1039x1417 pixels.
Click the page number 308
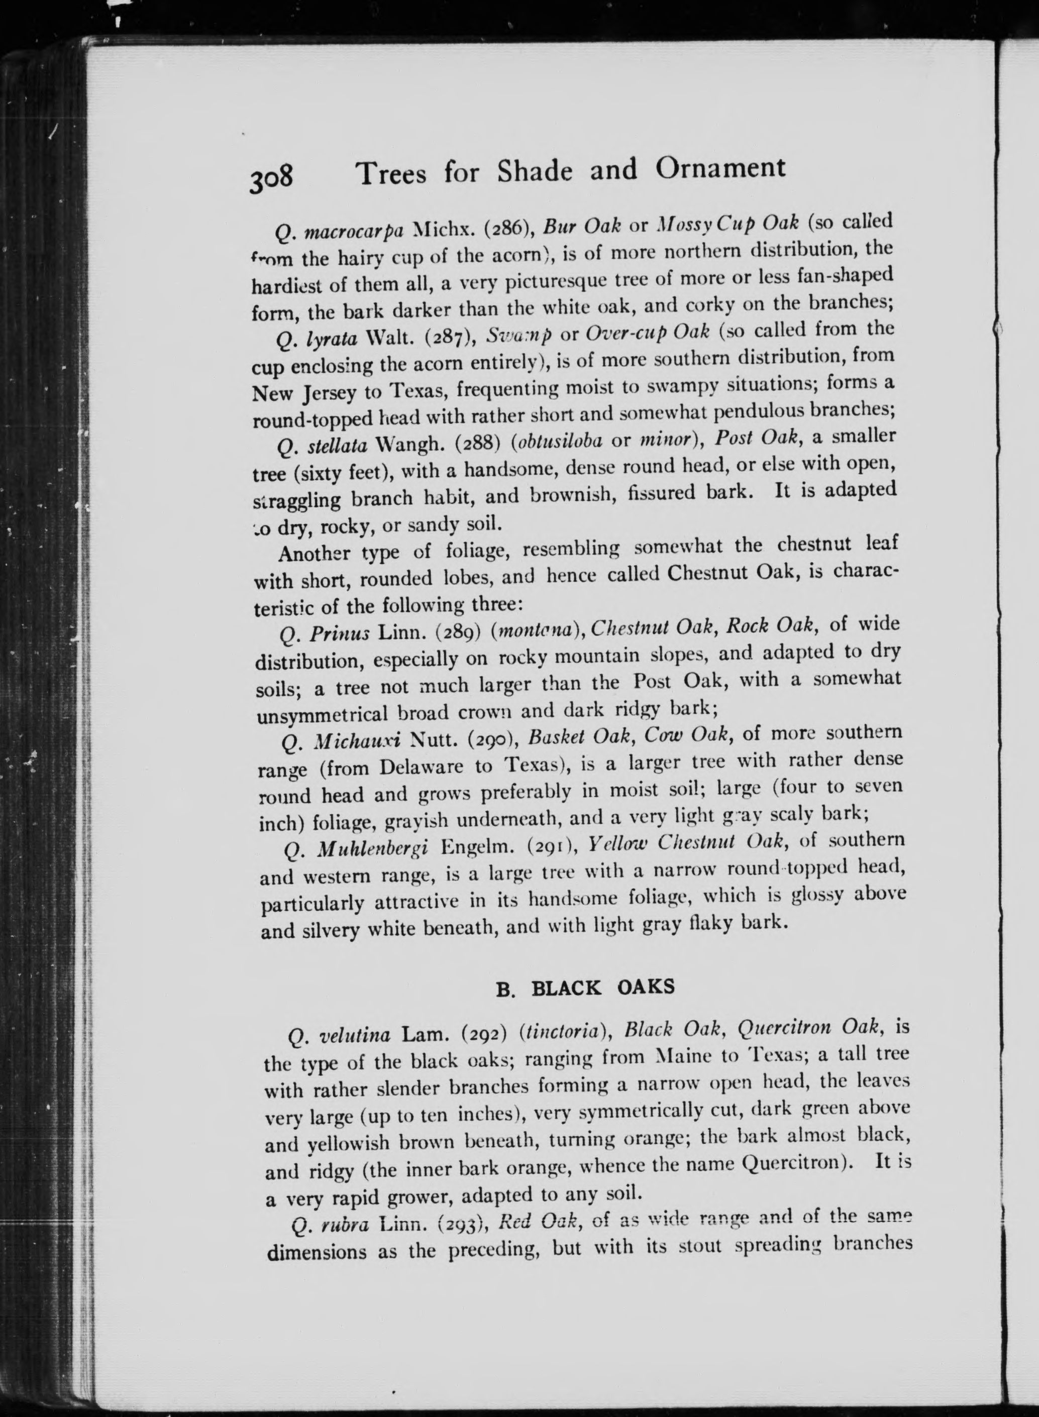click(x=271, y=178)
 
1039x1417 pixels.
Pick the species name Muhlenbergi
click(x=372, y=849)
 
